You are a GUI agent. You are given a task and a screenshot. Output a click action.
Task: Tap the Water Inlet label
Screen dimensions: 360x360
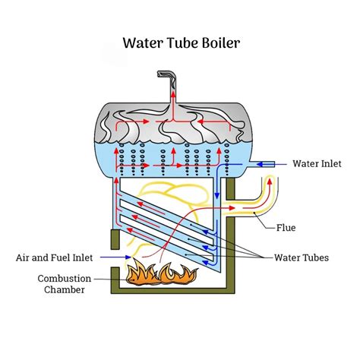point(317,163)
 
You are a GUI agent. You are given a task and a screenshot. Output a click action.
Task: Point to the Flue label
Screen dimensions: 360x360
point(286,227)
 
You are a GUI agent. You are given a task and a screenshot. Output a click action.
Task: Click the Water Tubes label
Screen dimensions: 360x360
point(302,257)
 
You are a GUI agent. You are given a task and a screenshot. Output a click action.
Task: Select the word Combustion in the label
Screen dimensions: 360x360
point(65,279)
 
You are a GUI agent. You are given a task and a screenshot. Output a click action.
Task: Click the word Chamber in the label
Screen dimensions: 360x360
point(65,290)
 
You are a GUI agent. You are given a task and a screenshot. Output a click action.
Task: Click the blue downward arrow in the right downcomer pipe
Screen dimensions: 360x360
point(218,196)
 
